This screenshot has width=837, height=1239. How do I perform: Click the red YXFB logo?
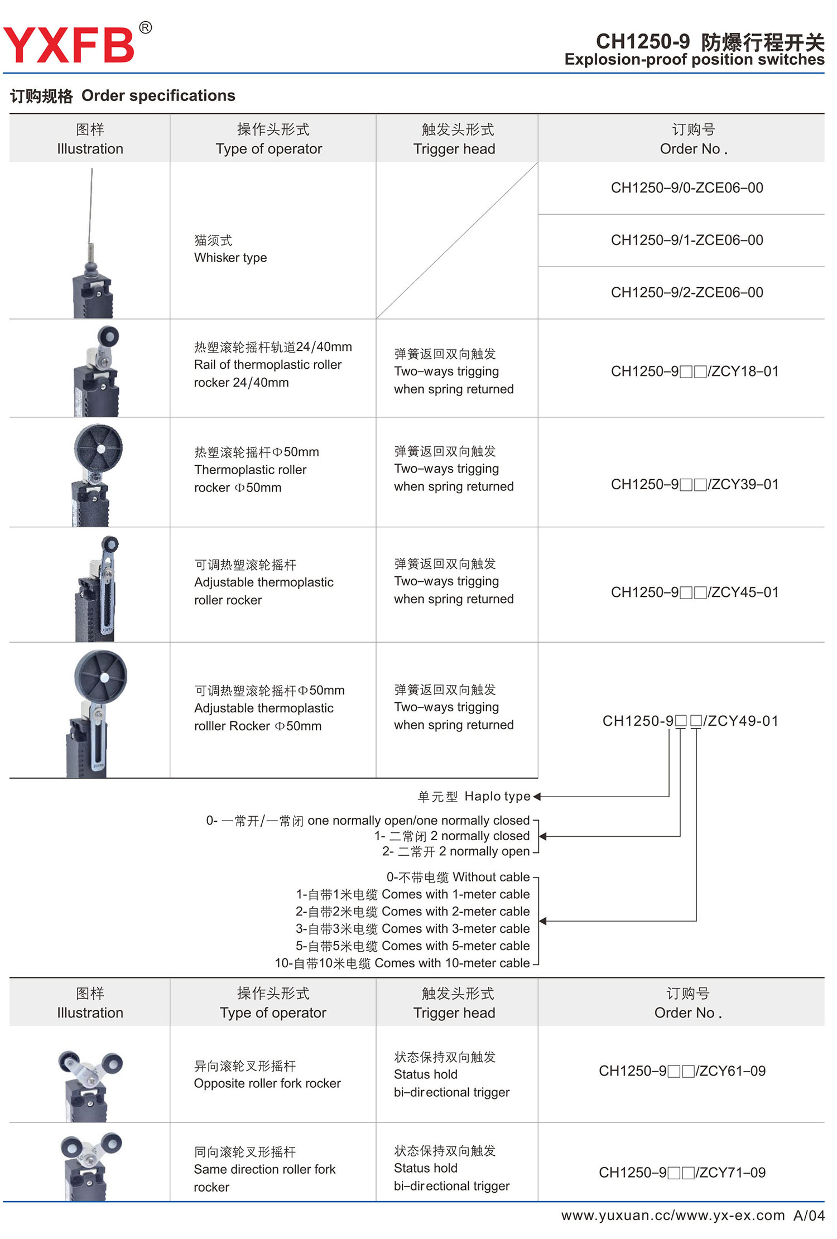point(69,45)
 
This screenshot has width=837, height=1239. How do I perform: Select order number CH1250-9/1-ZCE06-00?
point(686,240)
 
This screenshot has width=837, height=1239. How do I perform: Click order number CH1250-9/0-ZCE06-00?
point(686,188)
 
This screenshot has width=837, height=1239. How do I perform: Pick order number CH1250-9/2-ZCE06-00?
point(686,292)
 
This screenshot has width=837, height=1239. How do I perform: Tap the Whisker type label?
point(230,258)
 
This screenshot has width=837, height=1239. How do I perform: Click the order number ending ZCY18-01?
point(694,372)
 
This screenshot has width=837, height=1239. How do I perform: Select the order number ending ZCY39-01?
point(694,484)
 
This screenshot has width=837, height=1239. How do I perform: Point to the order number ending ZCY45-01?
point(694,592)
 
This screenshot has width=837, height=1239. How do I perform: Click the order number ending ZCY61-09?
point(682,1071)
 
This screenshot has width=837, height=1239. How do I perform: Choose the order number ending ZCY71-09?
point(682,1173)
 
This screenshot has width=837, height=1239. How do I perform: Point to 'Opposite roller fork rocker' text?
point(267,1083)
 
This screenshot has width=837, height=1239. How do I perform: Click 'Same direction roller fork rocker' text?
point(264,1169)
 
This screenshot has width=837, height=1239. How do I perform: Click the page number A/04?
point(809,1216)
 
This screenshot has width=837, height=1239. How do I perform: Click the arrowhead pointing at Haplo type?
point(537,797)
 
